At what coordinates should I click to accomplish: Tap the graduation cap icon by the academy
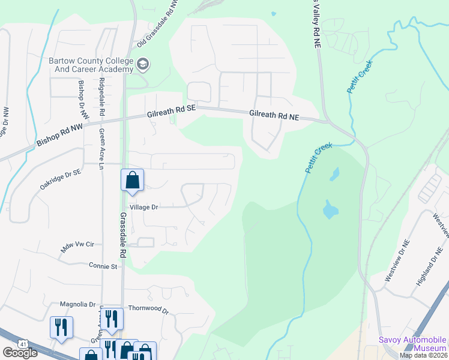click(x=143, y=64)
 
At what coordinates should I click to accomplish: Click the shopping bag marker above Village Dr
click(x=132, y=180)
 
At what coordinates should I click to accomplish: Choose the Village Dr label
click(x=143, y=207)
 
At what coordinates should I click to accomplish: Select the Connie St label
click(x=103, y=265)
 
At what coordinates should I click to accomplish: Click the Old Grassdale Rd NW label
click(x=158, y=24)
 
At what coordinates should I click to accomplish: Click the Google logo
click(x=20, y=353)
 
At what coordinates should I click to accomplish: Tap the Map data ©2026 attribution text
click(x=424, y=355)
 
